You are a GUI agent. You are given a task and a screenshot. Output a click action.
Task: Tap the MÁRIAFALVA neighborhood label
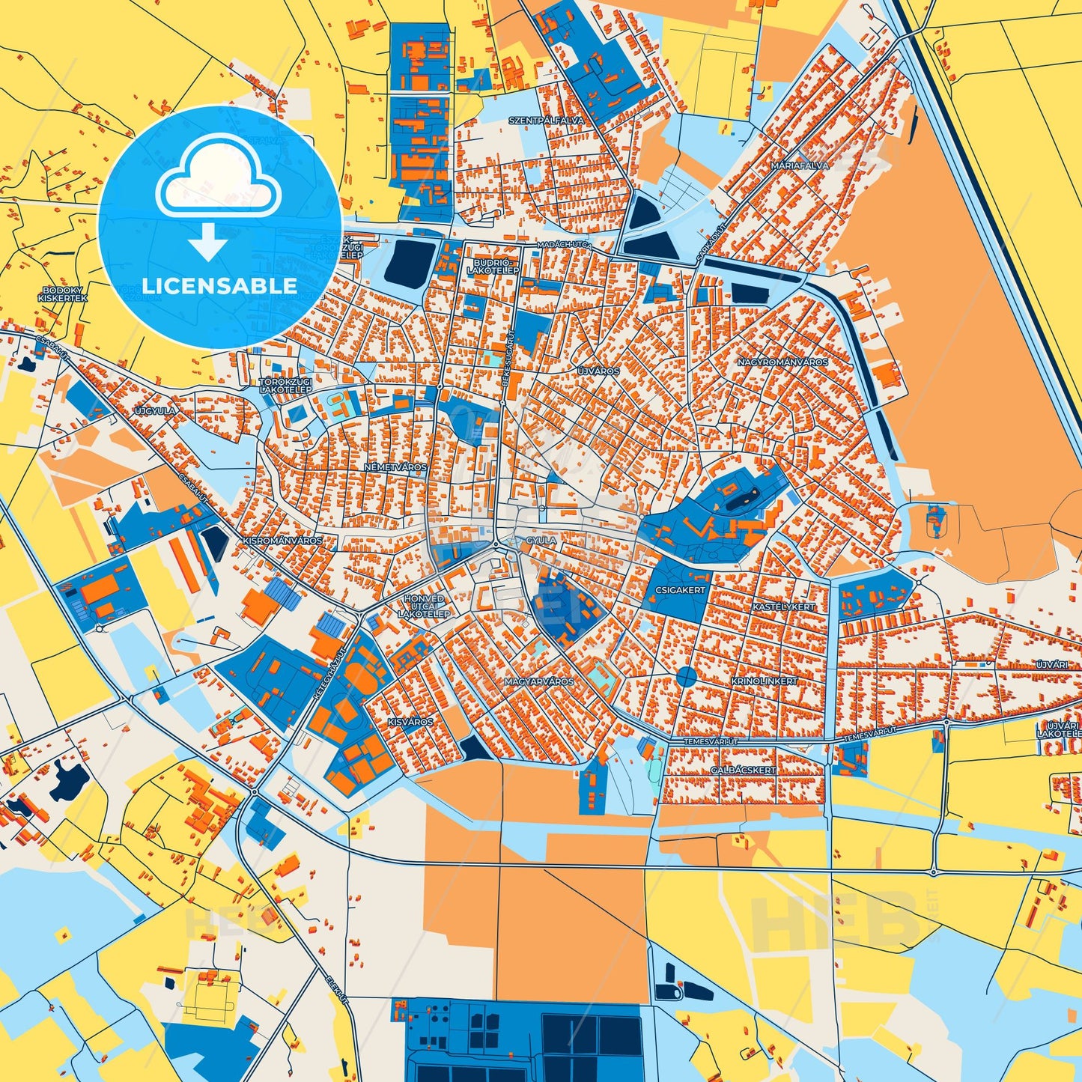pos(800,165)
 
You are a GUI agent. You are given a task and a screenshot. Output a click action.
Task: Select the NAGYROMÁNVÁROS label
pos(782,362)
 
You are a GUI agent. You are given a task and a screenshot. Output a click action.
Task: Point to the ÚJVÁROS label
pos(598,371)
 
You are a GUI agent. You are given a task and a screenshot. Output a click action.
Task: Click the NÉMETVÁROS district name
pos(395,467)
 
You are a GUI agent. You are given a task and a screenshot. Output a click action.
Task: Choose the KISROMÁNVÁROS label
pos(282,541)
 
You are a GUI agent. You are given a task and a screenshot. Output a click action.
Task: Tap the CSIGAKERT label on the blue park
pos(680,590)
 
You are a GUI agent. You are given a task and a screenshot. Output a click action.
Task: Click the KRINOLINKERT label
pos(765,682)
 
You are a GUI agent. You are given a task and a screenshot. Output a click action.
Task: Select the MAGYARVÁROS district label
pos(539,682)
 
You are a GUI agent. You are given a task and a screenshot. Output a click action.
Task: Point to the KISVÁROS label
pos(410,723)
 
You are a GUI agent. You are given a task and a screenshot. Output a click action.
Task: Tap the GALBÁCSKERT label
pos(743,771)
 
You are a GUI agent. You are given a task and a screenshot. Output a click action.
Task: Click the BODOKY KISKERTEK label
pos(63,294)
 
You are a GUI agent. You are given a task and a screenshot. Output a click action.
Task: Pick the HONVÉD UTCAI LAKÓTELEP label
pos(424,607)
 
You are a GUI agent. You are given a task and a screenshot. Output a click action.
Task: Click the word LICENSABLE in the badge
pos(219,286)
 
